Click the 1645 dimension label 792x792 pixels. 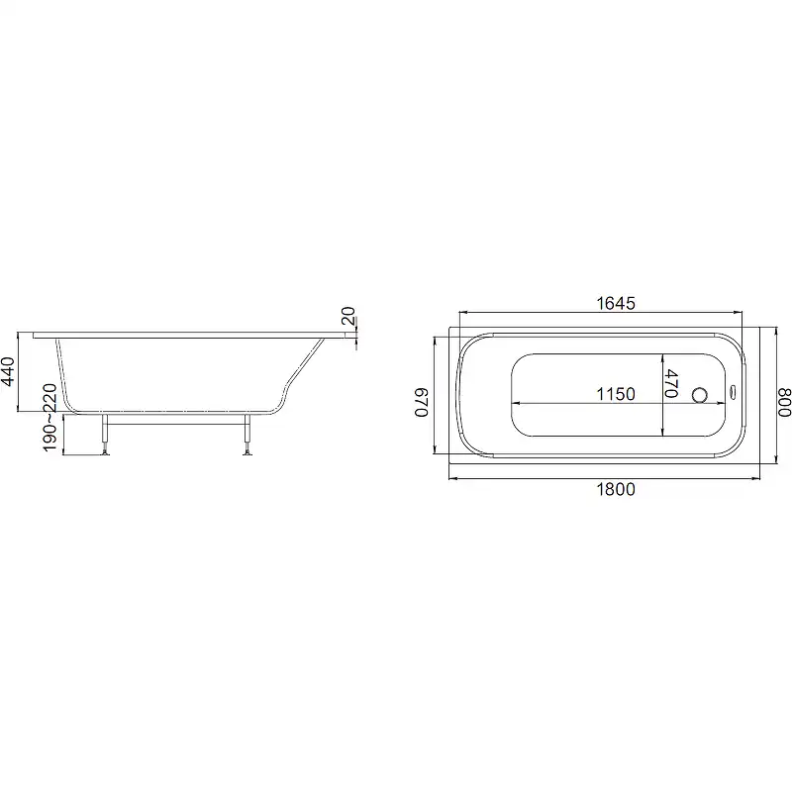[616, 303]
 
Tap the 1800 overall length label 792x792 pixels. [616, 489]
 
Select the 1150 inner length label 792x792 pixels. [616, 394]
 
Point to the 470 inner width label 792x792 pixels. [671, 383]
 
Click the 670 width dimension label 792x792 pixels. [422, 403]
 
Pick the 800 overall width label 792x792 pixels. [783, 403]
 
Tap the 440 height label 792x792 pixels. [8, 371]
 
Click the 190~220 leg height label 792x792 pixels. [49, 417]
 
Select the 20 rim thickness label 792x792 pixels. [348, 316]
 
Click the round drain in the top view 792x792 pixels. [700, 394]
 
